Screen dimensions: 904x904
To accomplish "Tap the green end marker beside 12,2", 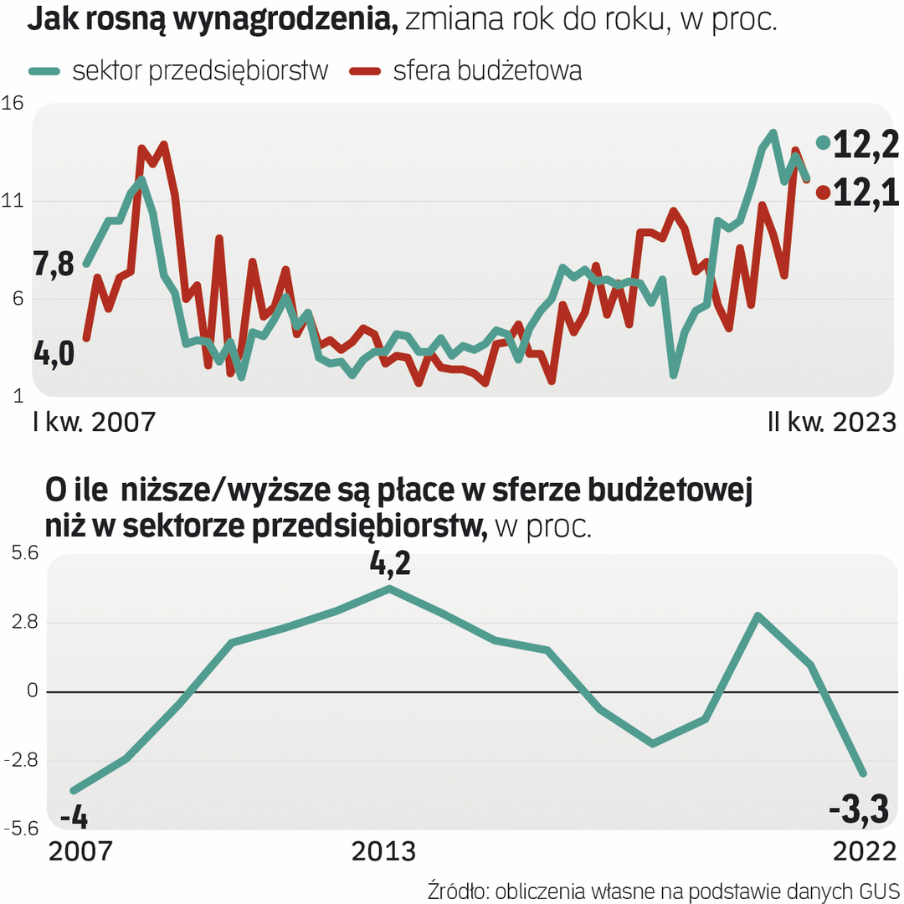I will [824, 143].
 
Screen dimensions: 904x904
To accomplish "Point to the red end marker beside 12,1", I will [823, 193].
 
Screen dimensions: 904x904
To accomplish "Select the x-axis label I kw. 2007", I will [95, 422].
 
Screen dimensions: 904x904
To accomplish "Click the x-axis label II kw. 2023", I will [831, 422].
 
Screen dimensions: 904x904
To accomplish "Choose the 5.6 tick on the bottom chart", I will [23, 553].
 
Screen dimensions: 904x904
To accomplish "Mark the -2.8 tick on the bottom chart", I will [23, 760].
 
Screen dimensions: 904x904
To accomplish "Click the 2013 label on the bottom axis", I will [383, 851].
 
